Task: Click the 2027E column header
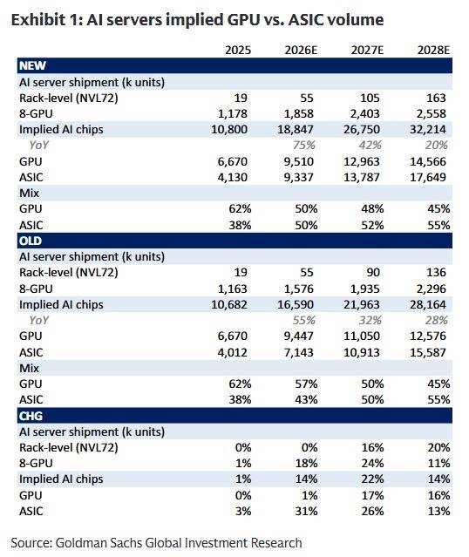coord(367,50)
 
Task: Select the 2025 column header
coord(238,50)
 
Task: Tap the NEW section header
coord(32,65)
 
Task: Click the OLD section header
coord(31,241)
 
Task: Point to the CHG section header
coord(31,416)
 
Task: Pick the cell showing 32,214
coord(428,129)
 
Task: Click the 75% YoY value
coord(304,146)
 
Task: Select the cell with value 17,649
coord(428,177)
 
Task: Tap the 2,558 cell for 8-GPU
coord(431,113)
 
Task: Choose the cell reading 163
coord(436,98)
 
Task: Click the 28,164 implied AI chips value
coord(428,304)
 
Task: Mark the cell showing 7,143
coord(298,352)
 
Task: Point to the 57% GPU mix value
coord(306,384)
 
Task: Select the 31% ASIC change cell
coord(306,511)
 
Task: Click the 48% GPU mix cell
coord(372,209)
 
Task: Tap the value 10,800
coord(229,129)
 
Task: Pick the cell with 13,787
coord(362,177)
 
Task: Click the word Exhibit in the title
coord(37,19)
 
